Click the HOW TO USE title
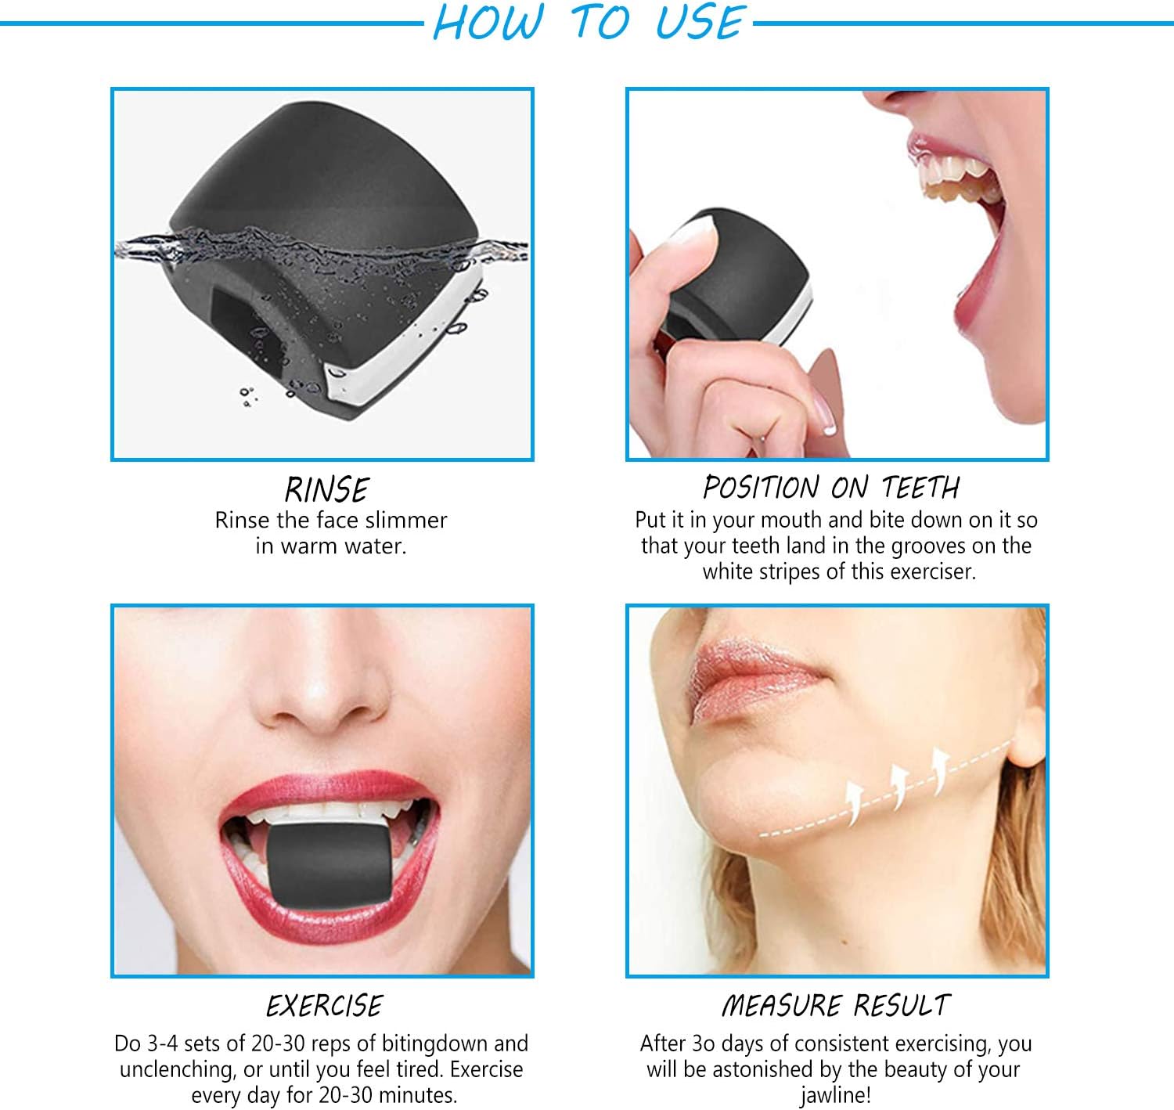click(589, 22)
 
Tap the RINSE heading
click(327, 489)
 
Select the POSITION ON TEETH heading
click(832, 487)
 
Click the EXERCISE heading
click(324, 1006)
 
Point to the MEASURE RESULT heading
click(836, 1005)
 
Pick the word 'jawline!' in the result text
click(835, 1096)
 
